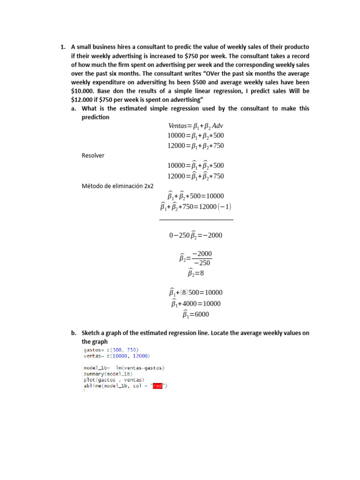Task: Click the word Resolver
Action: tap(93, 156)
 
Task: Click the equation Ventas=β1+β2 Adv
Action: tap(195, 126)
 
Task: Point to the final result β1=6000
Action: tap(195, 315)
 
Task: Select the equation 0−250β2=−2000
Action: tap(195, 235)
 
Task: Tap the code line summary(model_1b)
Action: tap(108, 374)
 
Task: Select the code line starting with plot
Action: tap(113, 380)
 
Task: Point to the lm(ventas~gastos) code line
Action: tap(124, 368)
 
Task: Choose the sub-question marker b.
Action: tap(74, 333)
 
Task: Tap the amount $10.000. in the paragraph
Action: tap(82, 91)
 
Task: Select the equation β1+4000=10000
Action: tap(195, 304)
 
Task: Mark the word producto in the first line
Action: tap(296, 47)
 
